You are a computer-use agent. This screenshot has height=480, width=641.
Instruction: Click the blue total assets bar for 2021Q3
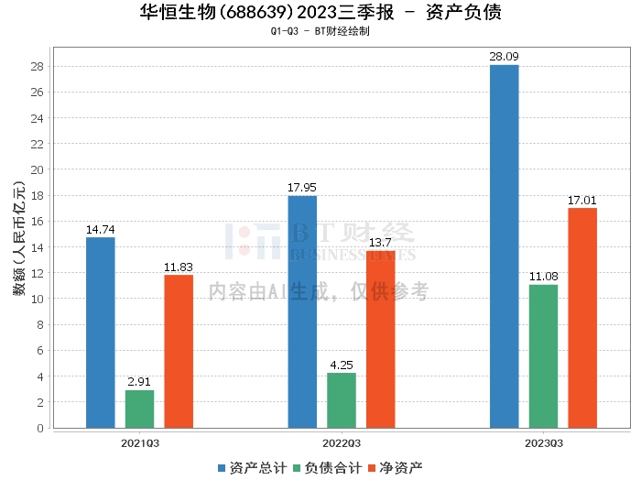pos(100,333)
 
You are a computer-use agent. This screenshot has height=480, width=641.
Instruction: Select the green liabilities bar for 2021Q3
pos(139,409)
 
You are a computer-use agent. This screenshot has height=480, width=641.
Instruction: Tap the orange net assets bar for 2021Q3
pos(179,351)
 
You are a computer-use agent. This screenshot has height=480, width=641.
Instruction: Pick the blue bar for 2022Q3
pos(302,311)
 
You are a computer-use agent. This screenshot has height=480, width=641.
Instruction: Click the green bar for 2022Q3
pos(342,400)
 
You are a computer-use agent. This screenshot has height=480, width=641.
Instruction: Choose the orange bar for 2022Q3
pos(381,339)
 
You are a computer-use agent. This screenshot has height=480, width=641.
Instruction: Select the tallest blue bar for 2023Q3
pos(504,246)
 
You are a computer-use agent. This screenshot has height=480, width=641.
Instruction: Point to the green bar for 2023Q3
pos(543,356)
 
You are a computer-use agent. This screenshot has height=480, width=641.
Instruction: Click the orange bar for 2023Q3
pos(582,318)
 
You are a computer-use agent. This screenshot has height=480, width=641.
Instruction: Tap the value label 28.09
pos(504,57)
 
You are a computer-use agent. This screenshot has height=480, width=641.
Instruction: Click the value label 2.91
pos(139,382)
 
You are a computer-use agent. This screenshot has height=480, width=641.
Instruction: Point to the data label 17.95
pos(302,188)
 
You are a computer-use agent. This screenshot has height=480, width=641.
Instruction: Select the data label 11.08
pos(543,277)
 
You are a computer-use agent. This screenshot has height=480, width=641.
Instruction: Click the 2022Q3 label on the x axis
pos(342,442)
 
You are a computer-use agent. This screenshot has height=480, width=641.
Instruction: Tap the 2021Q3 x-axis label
pos(139,442)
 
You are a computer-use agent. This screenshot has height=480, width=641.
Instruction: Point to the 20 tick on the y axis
pos(37,170)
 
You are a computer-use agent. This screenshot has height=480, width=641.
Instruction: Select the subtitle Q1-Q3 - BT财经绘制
pos(320,31)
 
